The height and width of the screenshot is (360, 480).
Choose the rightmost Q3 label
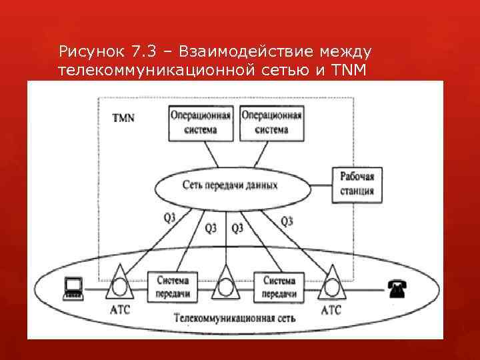pyautogui.click(x=288, y=220)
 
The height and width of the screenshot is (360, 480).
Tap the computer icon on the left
pyautogui.click(x=73, y=287)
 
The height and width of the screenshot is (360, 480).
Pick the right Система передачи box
pyautogui.click(x=279, y=287)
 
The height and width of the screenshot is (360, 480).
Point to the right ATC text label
pyautogui.click(x=331, y=310)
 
